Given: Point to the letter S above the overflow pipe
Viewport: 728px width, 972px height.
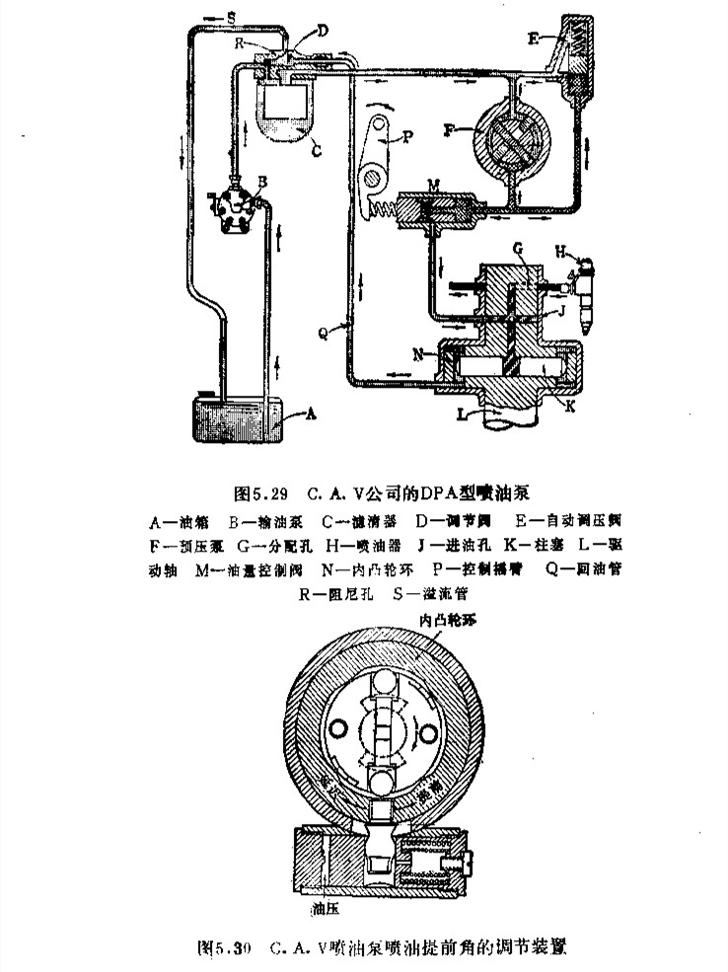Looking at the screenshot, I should click(x=229, y=18).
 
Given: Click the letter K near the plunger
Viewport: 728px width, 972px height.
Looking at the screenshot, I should click(x=573, y=404).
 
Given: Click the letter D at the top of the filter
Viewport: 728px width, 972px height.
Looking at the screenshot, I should click(x=322, y=33).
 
